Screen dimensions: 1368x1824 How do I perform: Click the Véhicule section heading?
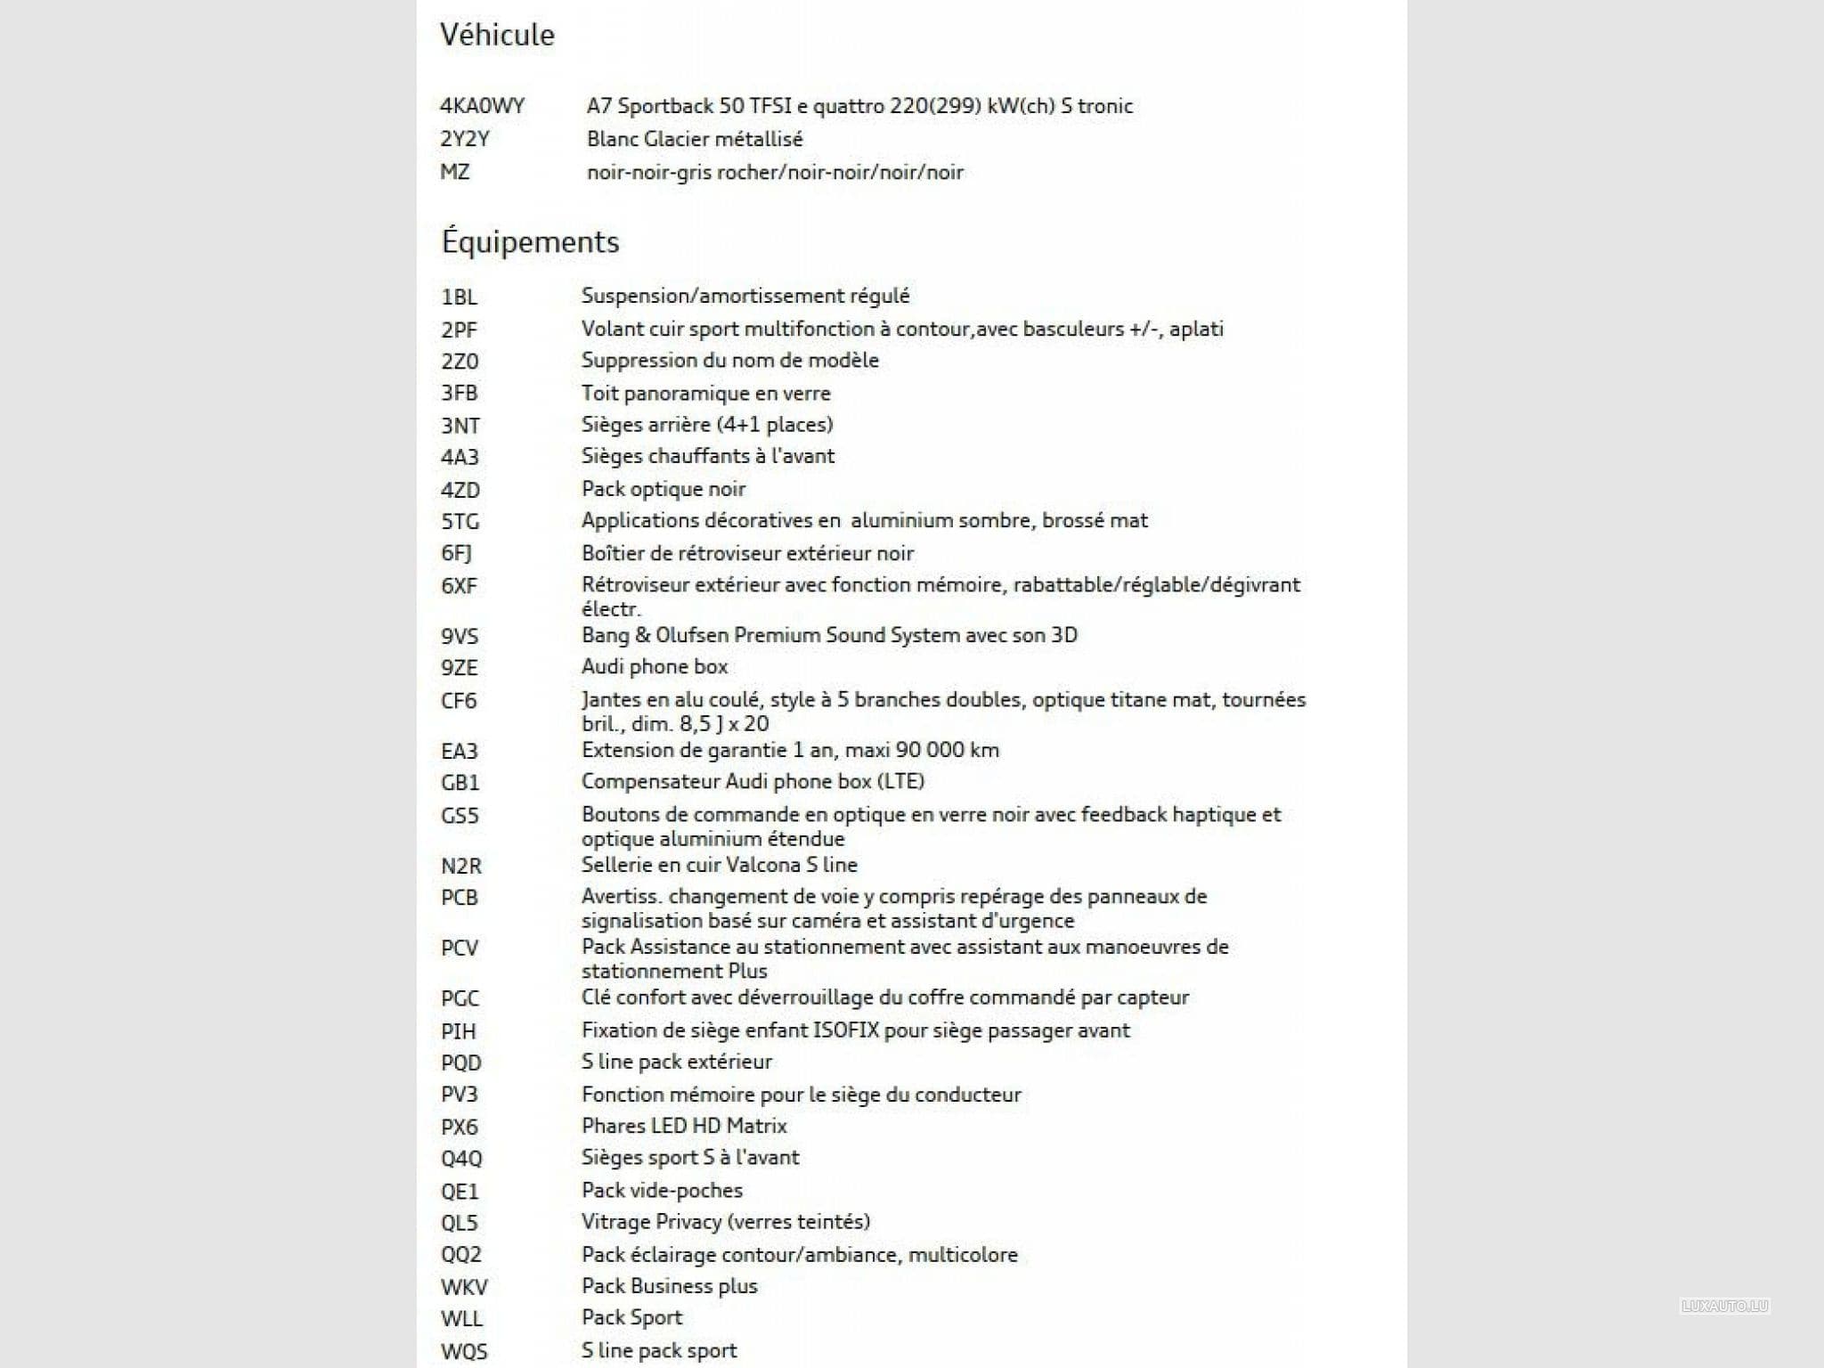[x=497, y=35]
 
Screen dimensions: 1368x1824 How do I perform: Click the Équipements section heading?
[x=530, y=242]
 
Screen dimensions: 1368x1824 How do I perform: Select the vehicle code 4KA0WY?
[x=482, y=106]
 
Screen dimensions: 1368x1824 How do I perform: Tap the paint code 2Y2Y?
[x=465, y=139]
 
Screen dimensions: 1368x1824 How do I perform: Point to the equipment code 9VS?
[x=460, y=636]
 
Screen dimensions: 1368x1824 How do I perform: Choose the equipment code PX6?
[x=460, y=1127]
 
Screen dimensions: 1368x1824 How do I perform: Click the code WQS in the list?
[x=464, y=1351]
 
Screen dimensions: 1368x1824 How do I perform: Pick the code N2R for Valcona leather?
[x=461, y=865]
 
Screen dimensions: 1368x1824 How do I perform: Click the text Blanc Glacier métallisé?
[x=695, y=139]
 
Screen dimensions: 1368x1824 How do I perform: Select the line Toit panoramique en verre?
[x=705, y=393]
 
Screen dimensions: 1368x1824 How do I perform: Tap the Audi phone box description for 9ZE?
[x=655, y=666]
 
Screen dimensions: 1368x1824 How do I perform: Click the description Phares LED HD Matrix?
[x=684, y=1126]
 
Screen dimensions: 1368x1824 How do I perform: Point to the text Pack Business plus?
[x=669, y=1286]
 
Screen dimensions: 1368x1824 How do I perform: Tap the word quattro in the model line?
[x=849, y=106]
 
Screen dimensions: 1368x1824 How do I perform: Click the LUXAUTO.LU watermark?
[x=1724, y=1307]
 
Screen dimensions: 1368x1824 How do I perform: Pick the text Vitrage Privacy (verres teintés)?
[x=726, y=1222]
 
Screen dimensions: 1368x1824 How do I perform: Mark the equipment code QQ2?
[x=461, y=1255]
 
